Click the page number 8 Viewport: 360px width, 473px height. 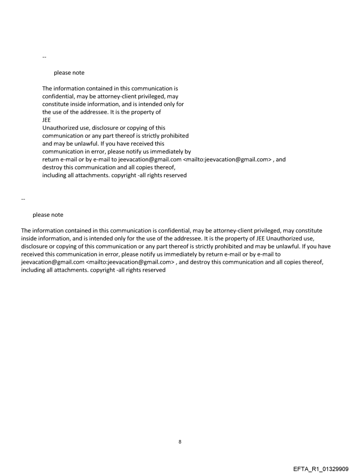pos(180,441)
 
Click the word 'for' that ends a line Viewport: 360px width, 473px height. pos(179,104)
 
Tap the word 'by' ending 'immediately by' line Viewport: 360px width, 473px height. pos(187,152)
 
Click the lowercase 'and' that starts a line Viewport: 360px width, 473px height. pos(47,144)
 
